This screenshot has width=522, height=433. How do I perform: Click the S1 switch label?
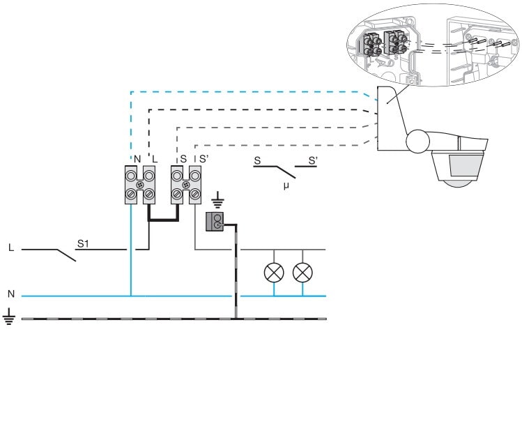click(82, 243)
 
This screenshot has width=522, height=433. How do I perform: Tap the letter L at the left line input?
click(10, 248)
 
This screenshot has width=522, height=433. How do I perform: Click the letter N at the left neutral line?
click(10, 294)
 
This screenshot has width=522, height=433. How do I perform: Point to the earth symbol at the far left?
click(9, 321)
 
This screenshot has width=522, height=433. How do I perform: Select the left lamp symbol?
click(273, 272)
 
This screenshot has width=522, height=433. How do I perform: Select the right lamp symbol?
click(302, 272)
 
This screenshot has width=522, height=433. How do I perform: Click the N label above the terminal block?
click(137, 159)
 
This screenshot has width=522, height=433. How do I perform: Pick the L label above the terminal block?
click(154, 159)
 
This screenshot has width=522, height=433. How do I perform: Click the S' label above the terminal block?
click(204, 159)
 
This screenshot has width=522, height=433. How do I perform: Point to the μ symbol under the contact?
click(286, 187)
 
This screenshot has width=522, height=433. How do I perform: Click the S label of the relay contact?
click(257, 161)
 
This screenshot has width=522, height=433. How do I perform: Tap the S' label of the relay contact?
click(312, 161)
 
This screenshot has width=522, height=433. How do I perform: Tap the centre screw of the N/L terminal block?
click(139, 185)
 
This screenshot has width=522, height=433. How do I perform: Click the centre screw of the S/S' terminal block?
click(185, 185)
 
